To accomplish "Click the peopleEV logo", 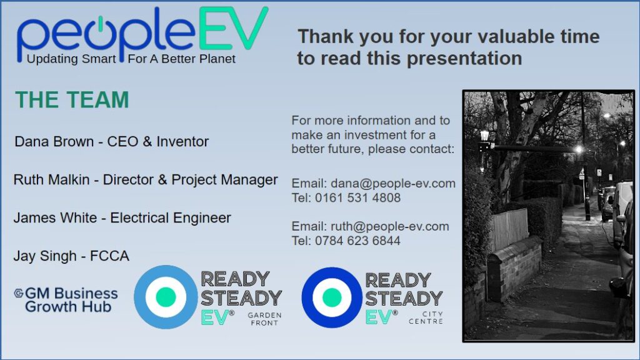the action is [x=142, y=36].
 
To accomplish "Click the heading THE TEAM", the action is [x=72, y=100].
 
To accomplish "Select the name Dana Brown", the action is [x=54, y=142].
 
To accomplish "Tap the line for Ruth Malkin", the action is [x=145, y=180].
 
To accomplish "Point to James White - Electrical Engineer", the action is [x=122, y=218].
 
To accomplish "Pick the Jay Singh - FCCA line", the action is [x=71, y=256].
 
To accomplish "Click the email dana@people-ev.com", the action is [x=392, y=184].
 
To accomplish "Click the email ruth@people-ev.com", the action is [x=389, y=226].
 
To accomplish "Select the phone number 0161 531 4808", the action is [x=357, y=198].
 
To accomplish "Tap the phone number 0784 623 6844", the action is [x=357, y=241].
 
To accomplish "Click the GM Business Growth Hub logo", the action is [x=66, y=299].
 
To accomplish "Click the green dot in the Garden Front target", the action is [x=166, y=297].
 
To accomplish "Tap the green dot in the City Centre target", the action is [x=332, y=297].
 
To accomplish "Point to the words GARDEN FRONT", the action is [x=264, y=319].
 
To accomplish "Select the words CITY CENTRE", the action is [x=426, y=317].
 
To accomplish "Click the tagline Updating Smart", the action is [x=71, y=59].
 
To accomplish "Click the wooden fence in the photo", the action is [x=509, y=229].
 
